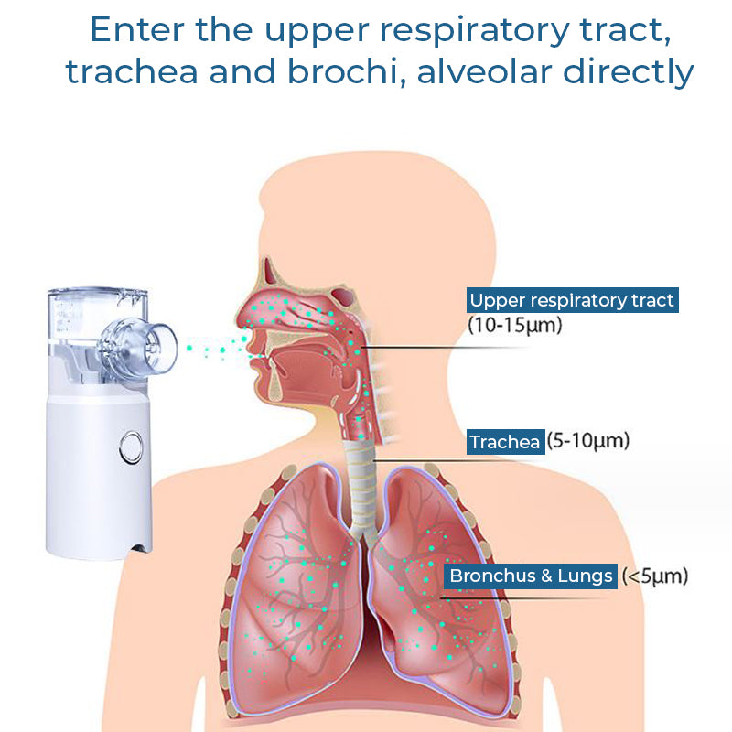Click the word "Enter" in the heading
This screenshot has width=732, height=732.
[x=136, y=30]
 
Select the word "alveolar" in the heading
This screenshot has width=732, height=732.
[x=484, y=72]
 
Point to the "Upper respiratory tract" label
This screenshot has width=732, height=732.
[x=573, y=300]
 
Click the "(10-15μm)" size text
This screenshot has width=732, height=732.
[x=515, y=325]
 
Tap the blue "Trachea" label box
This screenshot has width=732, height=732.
[x=506, y=442]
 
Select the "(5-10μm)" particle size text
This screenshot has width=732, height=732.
[x=588, y=441]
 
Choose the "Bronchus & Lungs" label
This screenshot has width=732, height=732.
[x=531, y=576]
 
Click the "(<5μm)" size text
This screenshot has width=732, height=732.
[x=654, y=576]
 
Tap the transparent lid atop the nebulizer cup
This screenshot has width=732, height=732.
[x=98, y=294]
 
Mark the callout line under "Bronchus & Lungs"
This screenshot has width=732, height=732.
[x=525, y=598]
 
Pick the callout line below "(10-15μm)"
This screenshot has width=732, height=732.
[x=445, y=348]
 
